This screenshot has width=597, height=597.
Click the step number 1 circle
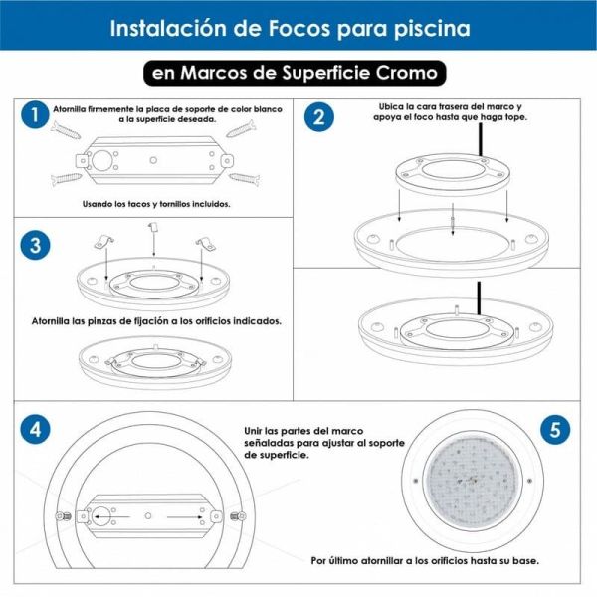click(35, 116)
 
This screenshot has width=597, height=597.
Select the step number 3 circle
click(35, 245)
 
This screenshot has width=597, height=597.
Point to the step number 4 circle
click(35, 430)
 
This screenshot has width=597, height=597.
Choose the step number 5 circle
click(555, 430)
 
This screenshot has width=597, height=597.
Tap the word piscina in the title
click(433, 28)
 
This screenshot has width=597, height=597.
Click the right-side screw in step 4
click(236, 515)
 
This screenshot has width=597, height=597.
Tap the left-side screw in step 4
click(63, 515)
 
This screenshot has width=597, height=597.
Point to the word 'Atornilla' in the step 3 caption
click(56, 321)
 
